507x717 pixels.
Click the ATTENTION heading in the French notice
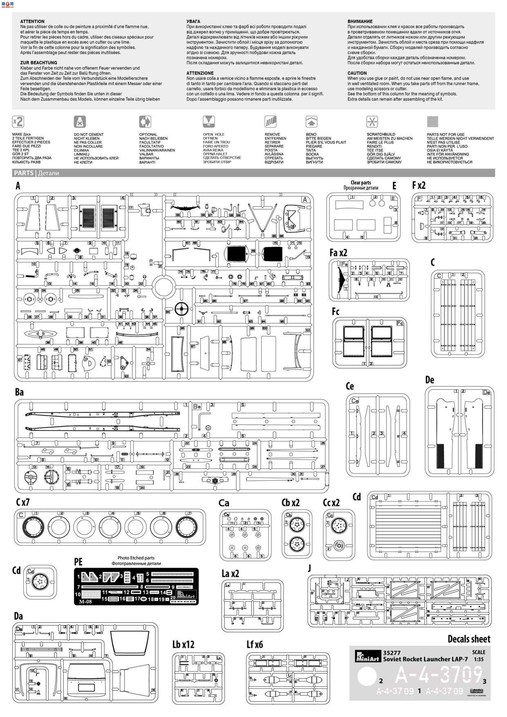pos(32,21)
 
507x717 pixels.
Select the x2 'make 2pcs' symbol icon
pos(18,121)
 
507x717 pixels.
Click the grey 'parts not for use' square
pos(432,121)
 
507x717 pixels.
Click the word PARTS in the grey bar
pos(24,173)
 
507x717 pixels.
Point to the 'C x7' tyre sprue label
pos(23,502)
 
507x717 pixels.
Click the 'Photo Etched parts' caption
pos(136,558)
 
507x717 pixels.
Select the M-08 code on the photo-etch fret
pos(85,602)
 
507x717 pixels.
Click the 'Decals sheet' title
pos(469,639)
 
